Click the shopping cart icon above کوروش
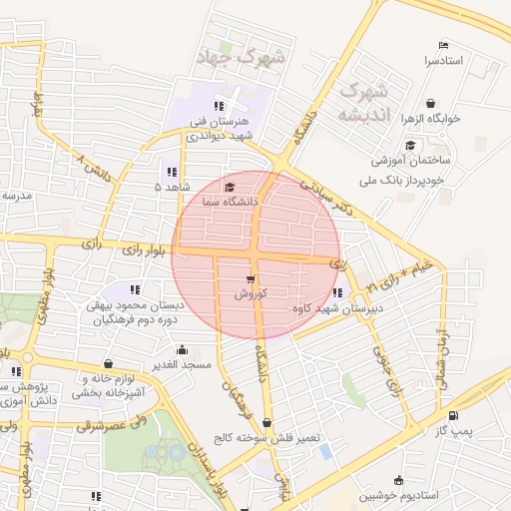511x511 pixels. point(250,278)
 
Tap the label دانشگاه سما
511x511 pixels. point(230,202)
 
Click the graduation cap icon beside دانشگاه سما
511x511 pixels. point(230,187)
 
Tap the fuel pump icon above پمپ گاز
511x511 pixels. point(454,415)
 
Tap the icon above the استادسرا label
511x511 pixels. point(444,45)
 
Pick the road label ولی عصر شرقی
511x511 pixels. point(113,426)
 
